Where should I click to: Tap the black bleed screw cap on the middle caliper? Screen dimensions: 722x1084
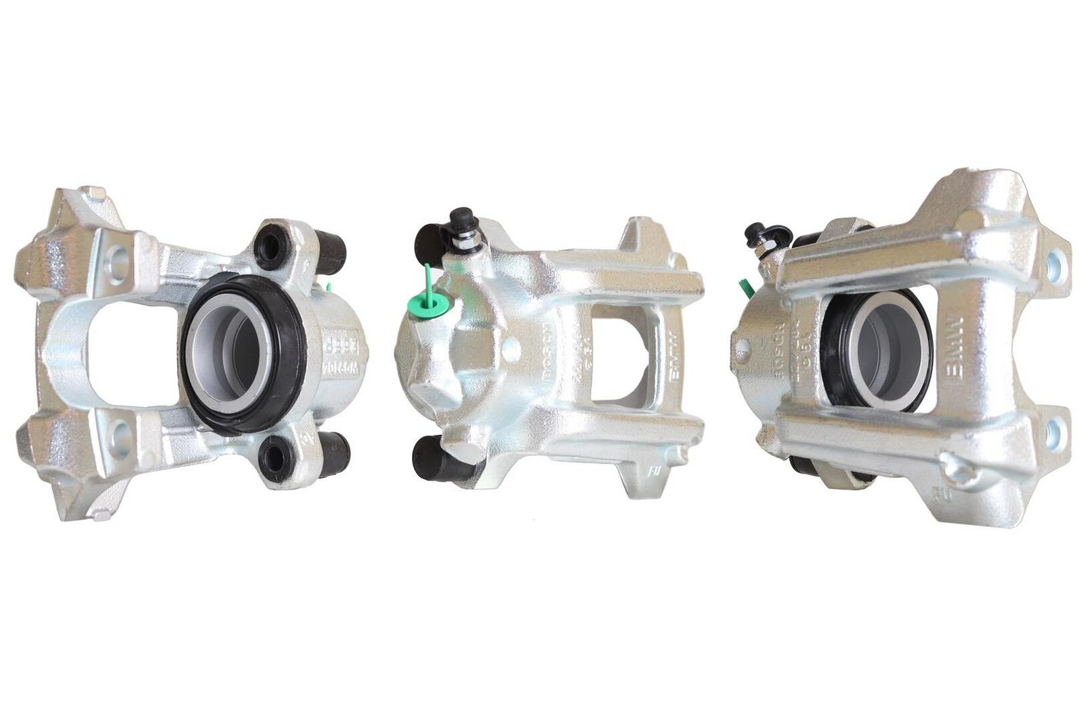point(462,217)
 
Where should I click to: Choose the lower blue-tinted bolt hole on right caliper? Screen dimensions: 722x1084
point(1054,433)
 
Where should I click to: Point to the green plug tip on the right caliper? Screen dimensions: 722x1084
point(747,288)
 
